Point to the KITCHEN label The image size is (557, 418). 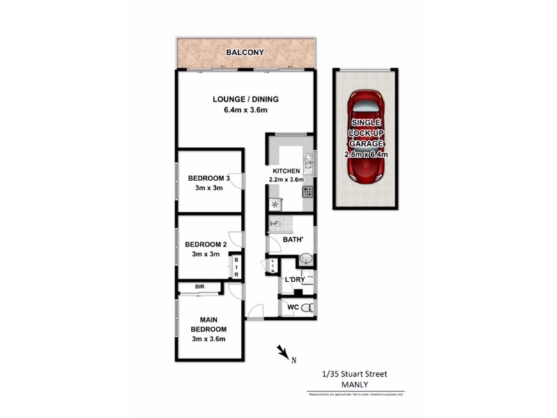(286, 171)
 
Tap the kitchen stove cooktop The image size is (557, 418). (307, 191)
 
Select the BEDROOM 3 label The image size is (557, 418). (209, 178)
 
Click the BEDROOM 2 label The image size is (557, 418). (205, 245)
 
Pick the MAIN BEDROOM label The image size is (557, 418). (209, 324)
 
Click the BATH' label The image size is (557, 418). (292, 240)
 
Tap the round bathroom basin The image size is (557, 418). (305, 259)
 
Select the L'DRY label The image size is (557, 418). (295, 280)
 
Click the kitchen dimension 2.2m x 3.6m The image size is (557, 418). (286, 180)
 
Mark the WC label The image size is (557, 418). (293, 307)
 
